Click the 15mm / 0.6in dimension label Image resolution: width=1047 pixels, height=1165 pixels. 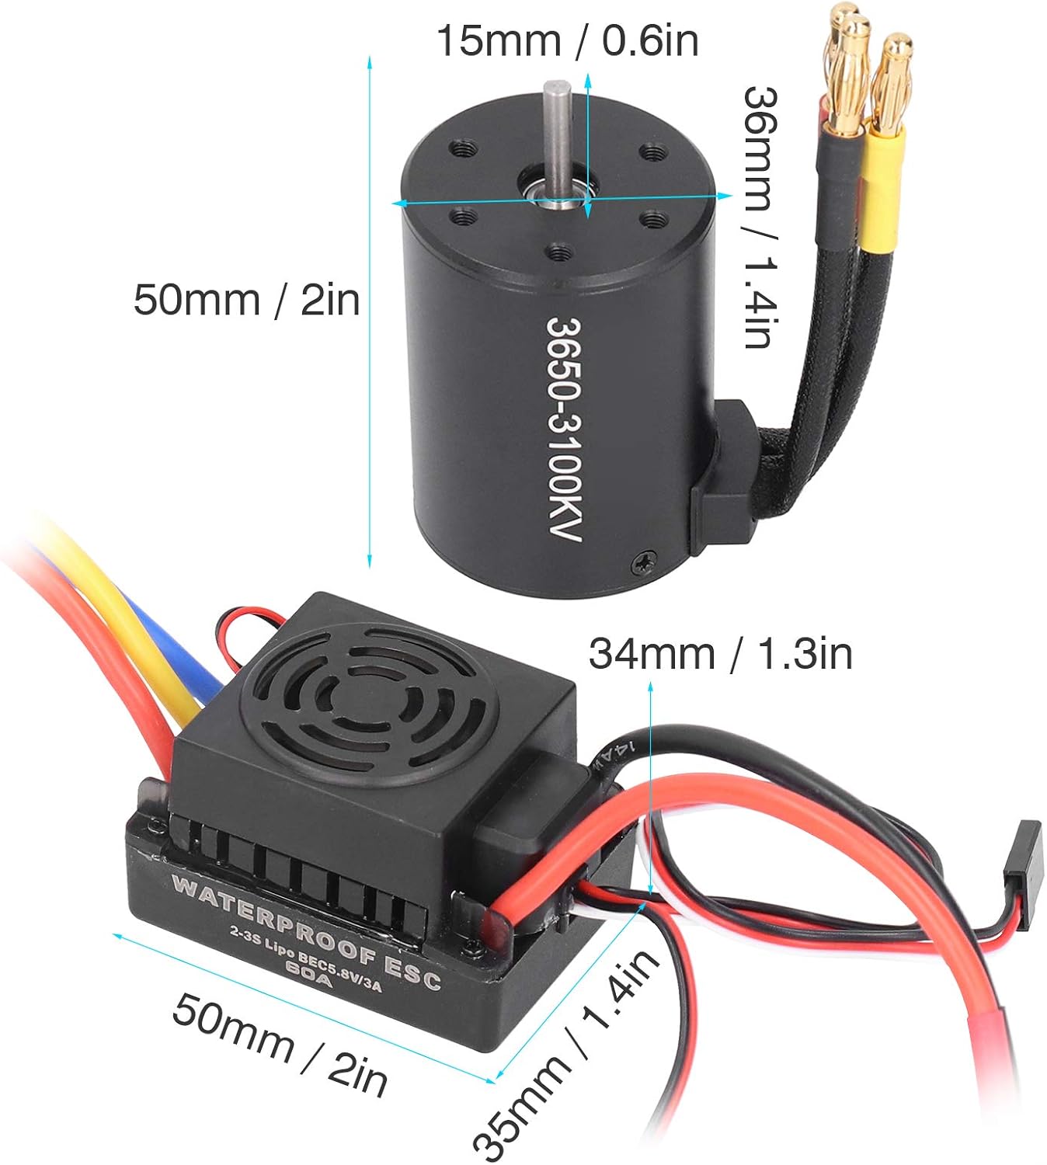[x=566, y=40]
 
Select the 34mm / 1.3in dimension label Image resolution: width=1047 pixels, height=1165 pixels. [x=720, y=654]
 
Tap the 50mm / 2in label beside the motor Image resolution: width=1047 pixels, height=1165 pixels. [x=246, y=300]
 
